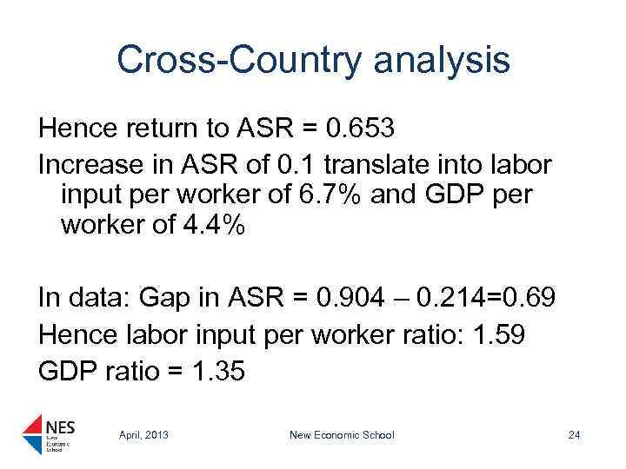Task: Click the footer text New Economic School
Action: (x=342, y=434)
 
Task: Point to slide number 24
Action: (x=573, y=434)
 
